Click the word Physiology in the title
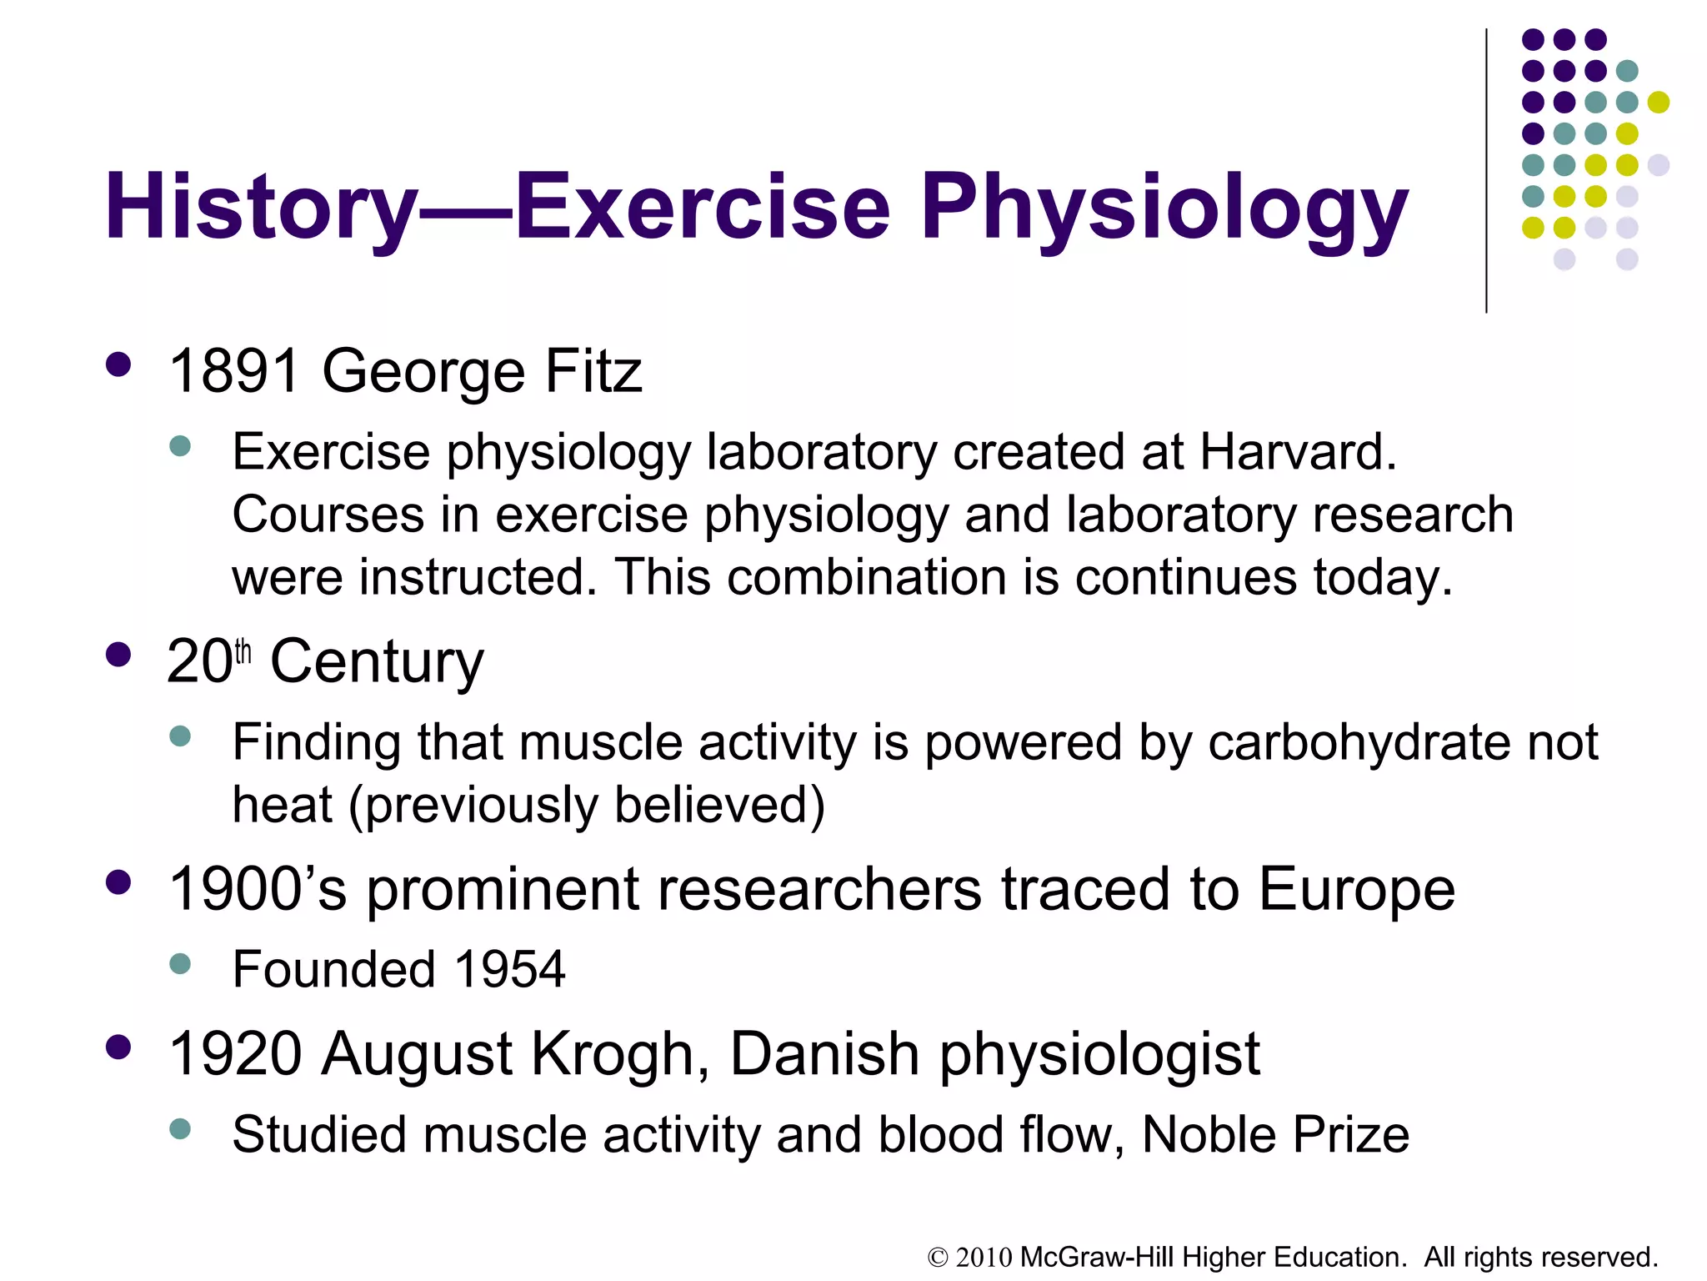(1164, 208)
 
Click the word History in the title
(260, 207)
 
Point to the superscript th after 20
(243, 651)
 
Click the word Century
(377, 662)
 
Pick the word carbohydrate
(1358, 741)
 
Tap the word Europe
(1356, 889)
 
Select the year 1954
(509, 970)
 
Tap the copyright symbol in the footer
(939, 1258)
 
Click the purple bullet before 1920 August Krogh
(119, 1047)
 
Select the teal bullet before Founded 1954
(180, 964)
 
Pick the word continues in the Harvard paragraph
(1186, 577)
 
